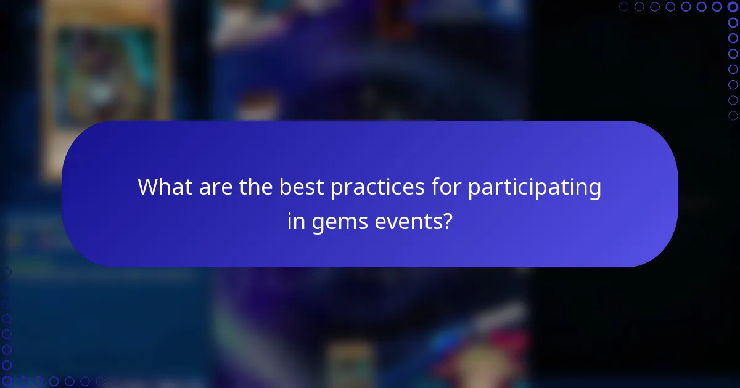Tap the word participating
pyautogui.click(x=534, y=187)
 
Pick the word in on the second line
pyautogui.click(x=296, y=220)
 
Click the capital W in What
pyautogui.click(x=147, y=187)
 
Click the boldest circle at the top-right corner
pyautogui.click(x=733, y=7)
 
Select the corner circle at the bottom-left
pyautogui.click(x=7, y=381)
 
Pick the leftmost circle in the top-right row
pyautogui.click(x=623, y=7)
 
